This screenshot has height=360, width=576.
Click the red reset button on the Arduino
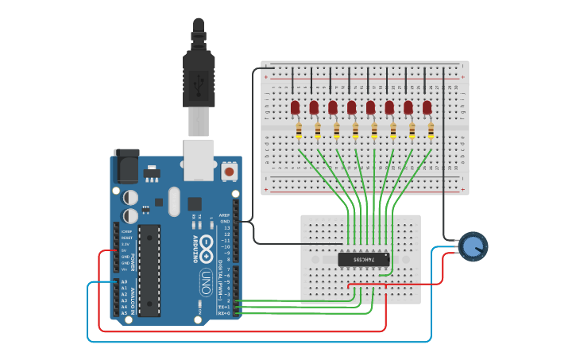tap(229, 171)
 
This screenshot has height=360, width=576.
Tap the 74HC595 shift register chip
tap(364, 259)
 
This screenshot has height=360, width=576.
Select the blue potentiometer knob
tap(473, 246)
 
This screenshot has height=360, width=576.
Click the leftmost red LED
tap(296, 106)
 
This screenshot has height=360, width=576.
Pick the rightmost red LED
tap(427, 106)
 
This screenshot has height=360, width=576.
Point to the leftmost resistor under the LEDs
tap(299, 130)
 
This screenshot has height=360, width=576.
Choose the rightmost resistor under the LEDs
tap(431, 130)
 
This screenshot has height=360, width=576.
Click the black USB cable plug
tap(199, 75)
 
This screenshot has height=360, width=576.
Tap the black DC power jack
tap(126, 165)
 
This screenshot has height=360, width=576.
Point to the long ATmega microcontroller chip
tap(149, 270)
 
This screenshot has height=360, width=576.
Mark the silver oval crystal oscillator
tap(174, 201)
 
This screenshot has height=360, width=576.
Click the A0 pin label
tap(124, 281)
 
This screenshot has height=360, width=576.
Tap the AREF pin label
tap(225, 215)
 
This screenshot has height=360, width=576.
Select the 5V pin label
tap(124, 250)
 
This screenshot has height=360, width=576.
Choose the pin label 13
tap(227, 228)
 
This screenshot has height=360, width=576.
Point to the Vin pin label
tap(124, 269)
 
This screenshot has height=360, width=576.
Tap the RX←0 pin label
tap(224, 313)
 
